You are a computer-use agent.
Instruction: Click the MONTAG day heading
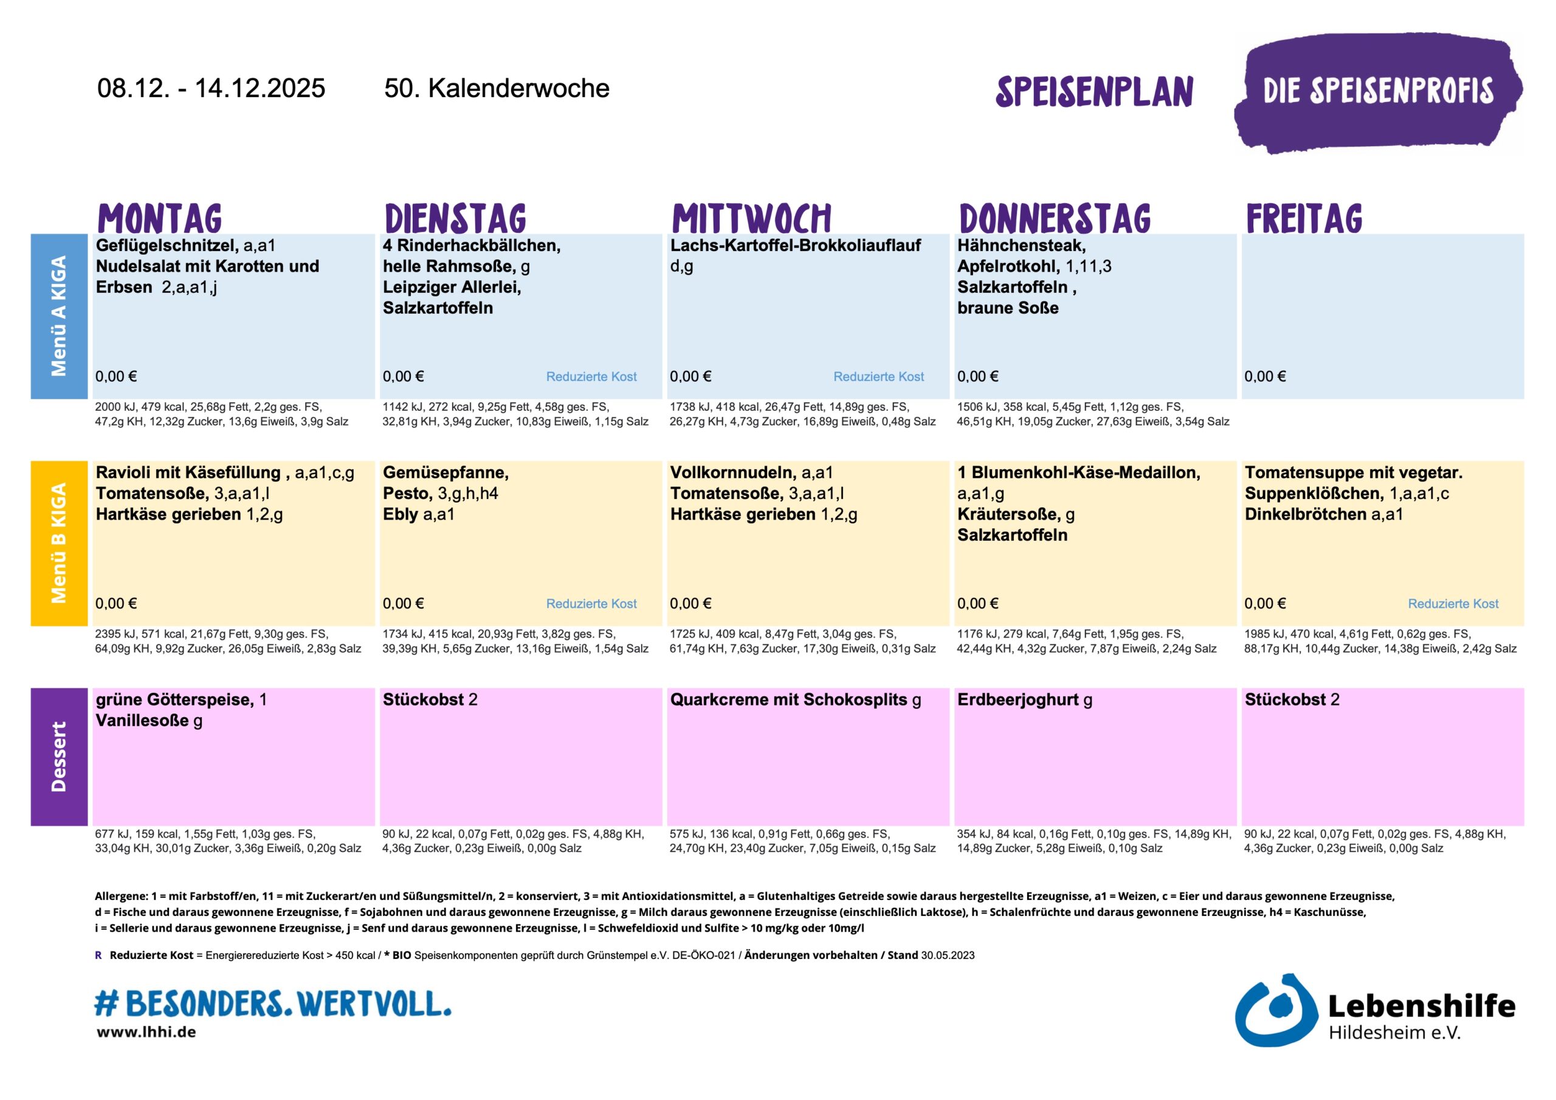(159, 218)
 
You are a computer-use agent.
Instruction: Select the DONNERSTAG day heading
(1055, 218)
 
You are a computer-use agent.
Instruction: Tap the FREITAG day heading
(1303, 218)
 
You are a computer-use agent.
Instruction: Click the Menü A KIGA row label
(59, 316)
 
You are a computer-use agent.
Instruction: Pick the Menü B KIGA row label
(59, 543)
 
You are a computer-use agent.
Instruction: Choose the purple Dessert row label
(59, 757)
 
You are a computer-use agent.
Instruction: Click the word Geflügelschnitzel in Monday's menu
(167, 246)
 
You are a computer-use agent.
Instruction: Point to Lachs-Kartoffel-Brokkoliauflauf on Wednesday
(795, 246)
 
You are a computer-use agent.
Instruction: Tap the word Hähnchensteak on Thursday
(1021, 246)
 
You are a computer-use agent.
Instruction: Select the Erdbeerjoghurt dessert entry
(1017, 700)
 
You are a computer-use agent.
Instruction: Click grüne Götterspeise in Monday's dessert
(174, 700)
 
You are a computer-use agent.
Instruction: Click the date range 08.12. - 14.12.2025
(211, 88)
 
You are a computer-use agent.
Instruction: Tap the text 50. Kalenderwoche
(496, 88)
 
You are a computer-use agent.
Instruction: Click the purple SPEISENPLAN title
(1094, 92)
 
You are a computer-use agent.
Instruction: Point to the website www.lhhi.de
(146, 1032)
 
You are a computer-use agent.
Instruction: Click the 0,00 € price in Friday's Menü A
(1265, 377)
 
